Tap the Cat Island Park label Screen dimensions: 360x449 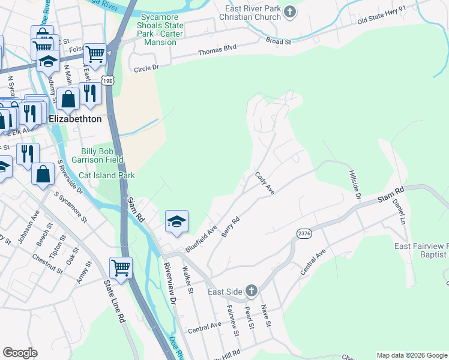(x=108, y=175)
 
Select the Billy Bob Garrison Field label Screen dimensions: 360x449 (x=103, y=155)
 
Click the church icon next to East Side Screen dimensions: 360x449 (x=251, y=292)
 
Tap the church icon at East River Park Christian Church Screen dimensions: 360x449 (x=289, y=11)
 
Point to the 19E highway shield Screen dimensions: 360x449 (x=107, y=80)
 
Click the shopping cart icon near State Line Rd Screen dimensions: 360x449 (x=121, y=269)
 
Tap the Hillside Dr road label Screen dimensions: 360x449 (x=354, y=184)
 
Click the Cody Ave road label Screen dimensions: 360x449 (x=265, y=184)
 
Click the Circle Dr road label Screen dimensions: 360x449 (x=146, y=68)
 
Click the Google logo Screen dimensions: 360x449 (x=20, y=353)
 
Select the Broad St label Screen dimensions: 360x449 (x=279, y=41)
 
